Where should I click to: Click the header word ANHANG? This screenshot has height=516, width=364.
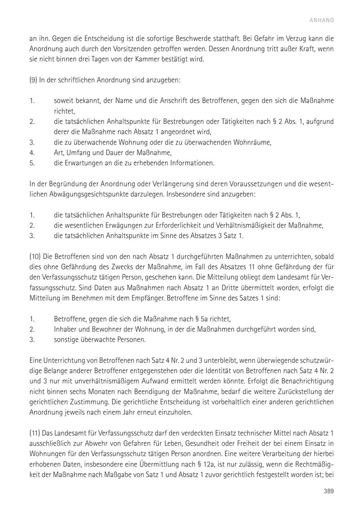click(322, 20)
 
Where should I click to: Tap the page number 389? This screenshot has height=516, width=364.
click(328, 491)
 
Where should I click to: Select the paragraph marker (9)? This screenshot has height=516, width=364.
click(34, 80)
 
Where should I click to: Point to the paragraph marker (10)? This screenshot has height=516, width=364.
click(36, 256)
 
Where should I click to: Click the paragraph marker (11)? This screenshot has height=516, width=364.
click(35, 433)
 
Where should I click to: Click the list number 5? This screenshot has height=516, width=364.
click(32, 163)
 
